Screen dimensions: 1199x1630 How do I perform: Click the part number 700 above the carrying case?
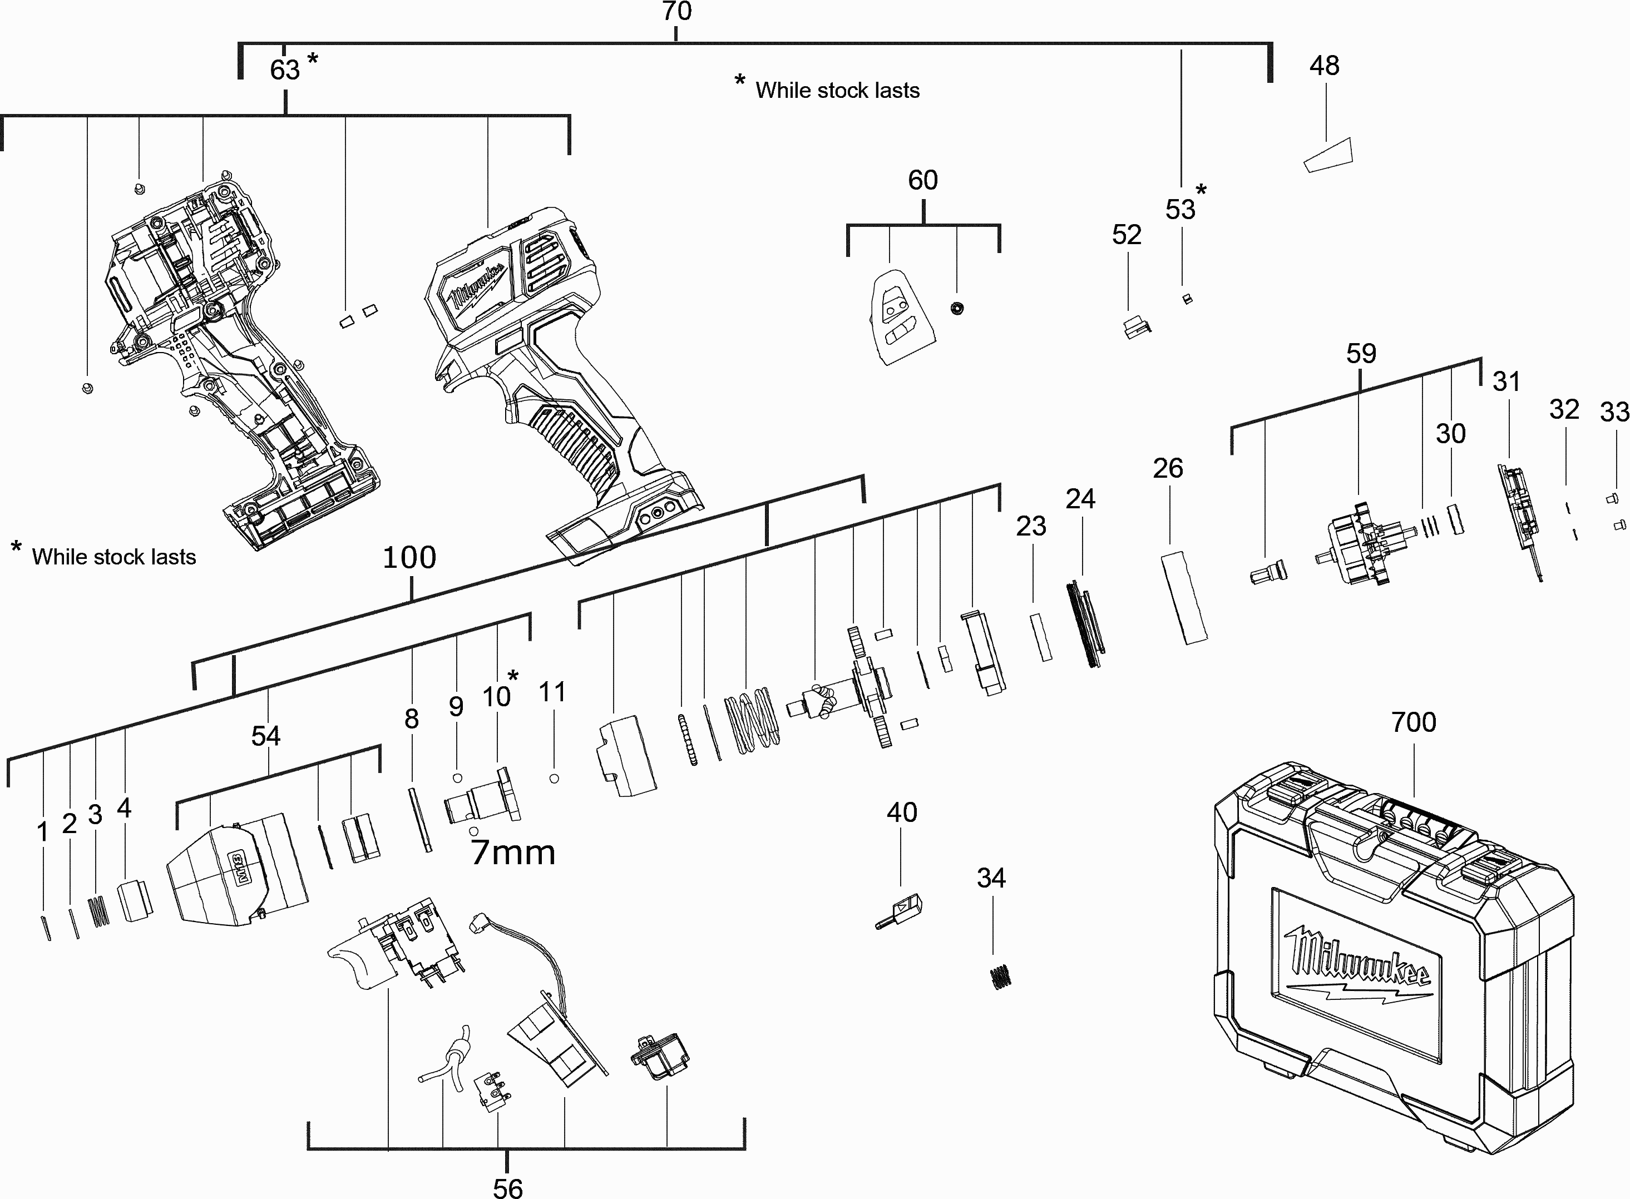pos(1413,722)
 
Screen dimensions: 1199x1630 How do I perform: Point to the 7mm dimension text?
pos(512,853)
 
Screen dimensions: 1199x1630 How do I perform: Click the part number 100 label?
pos(409,557)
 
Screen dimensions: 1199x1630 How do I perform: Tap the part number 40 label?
pos(902,812)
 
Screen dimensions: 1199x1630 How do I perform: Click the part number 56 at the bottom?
pos(507,1187)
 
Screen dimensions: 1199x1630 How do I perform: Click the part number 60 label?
pos(923,180)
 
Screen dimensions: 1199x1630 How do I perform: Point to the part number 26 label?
pos(1168,469)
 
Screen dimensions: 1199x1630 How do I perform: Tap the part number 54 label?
pos(266,736)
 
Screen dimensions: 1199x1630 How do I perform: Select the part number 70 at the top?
pos(676,12)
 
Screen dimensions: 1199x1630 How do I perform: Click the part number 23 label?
pos(1031,526)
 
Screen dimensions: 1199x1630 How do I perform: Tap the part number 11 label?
pos(552,692)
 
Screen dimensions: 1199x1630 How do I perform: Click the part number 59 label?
pos(1361,354)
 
